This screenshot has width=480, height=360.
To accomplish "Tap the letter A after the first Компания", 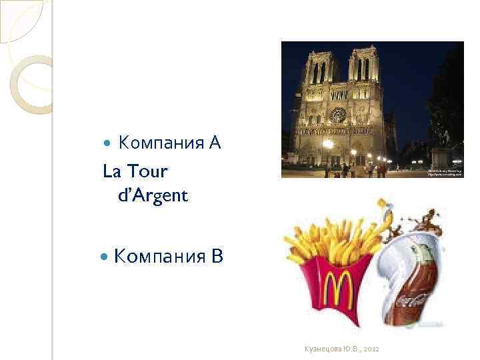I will tap(213, 143).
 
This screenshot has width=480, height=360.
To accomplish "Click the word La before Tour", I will tap(111, 171).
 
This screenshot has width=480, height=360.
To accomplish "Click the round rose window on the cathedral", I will tap(338, 115).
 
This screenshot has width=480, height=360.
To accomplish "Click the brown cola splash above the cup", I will tap(427, 220).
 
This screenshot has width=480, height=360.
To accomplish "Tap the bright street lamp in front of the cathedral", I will tap(327, 144).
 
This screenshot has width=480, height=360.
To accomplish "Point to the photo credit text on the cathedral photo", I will tap(445, 172).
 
